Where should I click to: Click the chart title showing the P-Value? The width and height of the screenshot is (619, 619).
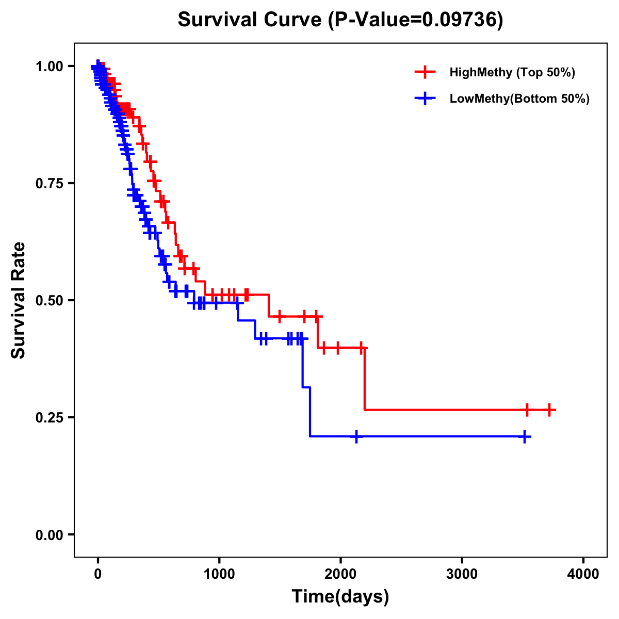coord(340,20)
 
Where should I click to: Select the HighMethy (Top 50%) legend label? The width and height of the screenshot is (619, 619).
coord(512,72)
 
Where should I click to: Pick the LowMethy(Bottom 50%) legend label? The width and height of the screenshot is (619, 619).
coord(519,99)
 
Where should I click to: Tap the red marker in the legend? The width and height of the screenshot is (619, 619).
coord(425,72)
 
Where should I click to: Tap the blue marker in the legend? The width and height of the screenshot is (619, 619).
coord(425,99)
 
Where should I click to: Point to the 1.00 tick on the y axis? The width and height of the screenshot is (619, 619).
coord(49,67)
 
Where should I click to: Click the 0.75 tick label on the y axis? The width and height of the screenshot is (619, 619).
coord(49,184)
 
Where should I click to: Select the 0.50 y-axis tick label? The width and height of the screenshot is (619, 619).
coord(49,301)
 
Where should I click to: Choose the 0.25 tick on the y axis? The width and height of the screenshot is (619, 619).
coord(49,418)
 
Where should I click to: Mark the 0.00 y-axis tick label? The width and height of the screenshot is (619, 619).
coord(49,535)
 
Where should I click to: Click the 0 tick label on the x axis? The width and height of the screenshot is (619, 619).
coord(98,574)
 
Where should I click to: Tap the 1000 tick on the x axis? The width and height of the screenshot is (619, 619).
coord(219,574)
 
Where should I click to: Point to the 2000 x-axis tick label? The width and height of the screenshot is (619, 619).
coord(340,574)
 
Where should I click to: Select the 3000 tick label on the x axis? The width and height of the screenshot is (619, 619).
coord(462,574)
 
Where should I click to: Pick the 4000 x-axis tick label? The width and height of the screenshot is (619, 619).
coord(583,574)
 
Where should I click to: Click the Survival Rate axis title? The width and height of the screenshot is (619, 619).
coord(19,300)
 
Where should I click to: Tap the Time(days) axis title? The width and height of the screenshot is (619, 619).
coord(340,597)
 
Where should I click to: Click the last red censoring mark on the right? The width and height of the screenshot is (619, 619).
coord(550,410)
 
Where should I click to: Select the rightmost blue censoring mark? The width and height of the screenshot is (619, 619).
coord(525,436)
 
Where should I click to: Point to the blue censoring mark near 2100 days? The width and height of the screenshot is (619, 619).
coord(356,436)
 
